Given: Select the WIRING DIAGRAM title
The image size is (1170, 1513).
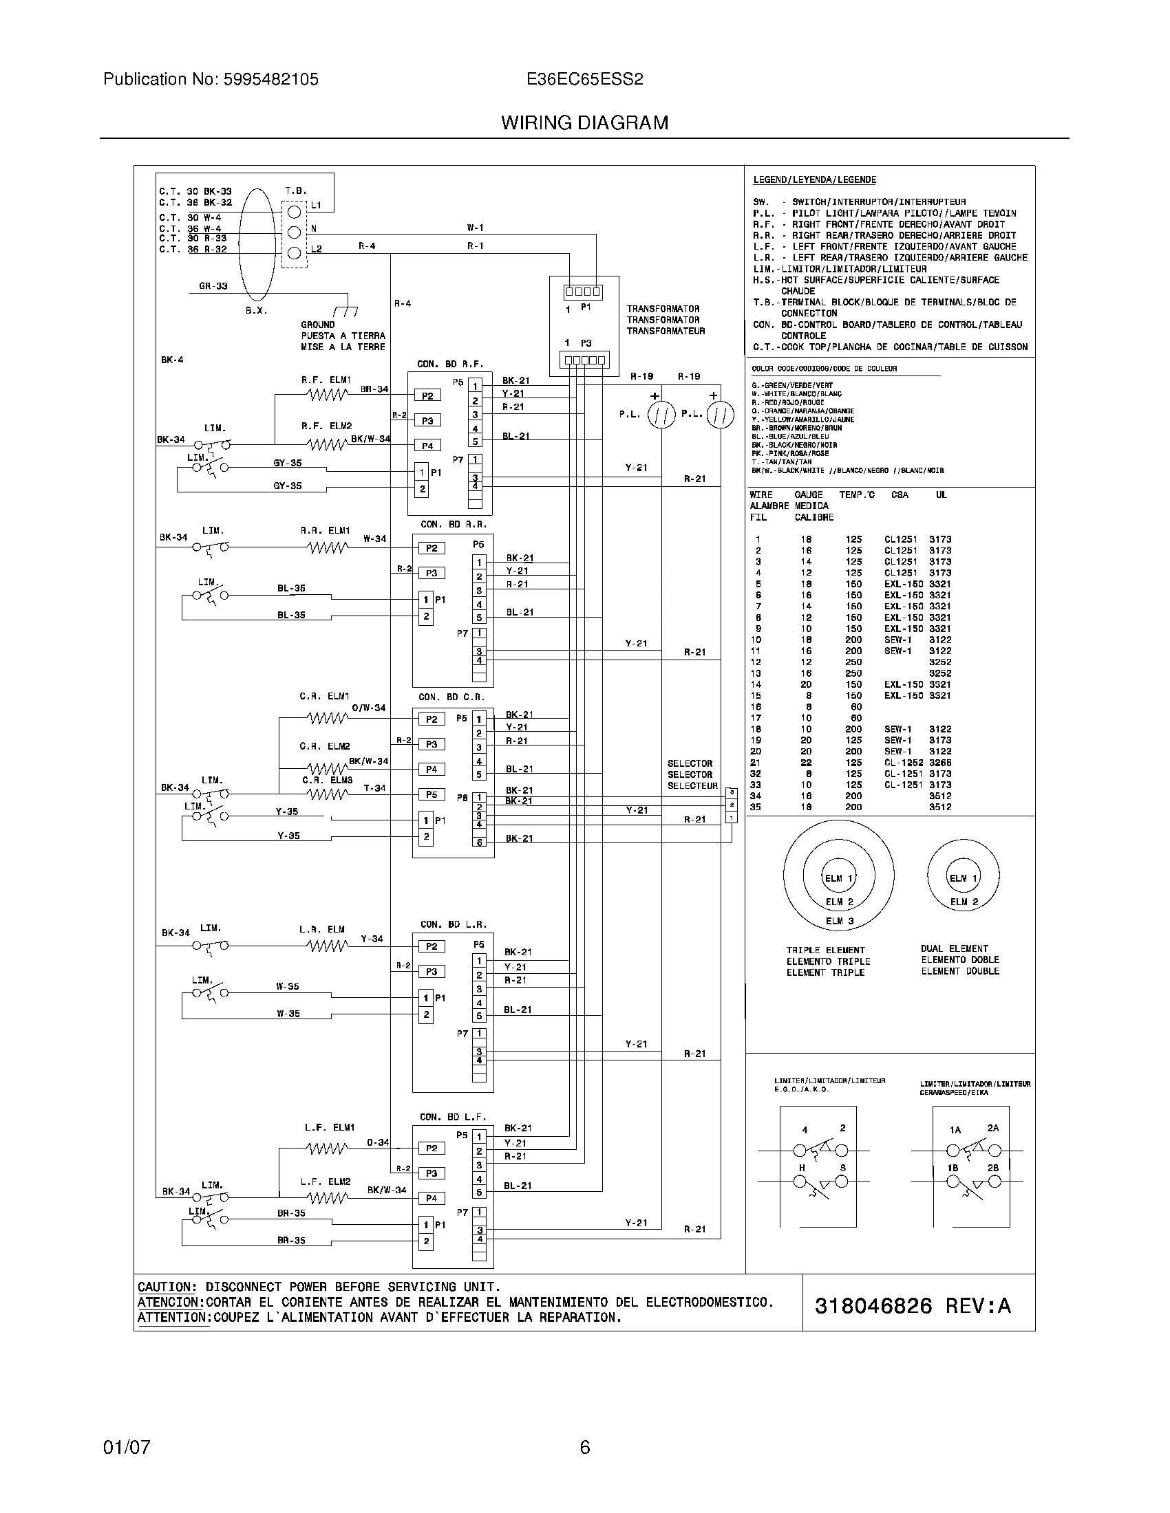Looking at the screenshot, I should [584, 123].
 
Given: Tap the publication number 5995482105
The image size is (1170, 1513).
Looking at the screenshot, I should [270, 80].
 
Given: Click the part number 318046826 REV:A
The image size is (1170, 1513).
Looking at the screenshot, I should [912, 1306].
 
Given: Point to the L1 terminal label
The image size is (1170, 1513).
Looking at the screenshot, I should [316, 205].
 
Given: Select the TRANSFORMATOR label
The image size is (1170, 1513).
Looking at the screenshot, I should [663, 309].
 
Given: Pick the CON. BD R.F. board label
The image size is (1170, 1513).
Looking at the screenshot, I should [450, 364].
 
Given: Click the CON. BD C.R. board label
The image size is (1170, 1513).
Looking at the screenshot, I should [451, 697].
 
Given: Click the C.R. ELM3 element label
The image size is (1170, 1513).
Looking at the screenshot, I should [327, 780].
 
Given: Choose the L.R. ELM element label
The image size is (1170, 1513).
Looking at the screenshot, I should [321, 929].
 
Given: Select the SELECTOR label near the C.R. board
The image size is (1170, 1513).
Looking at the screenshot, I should [690, 763].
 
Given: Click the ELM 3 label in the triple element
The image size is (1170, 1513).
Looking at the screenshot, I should [840, 921].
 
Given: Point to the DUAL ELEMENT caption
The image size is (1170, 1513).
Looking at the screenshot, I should [955, 948].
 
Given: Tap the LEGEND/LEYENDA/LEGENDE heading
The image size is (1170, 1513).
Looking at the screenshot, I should [813, 180].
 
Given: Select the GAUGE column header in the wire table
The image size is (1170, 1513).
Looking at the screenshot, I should [808, 494].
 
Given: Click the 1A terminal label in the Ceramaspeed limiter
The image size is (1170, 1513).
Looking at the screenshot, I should [955, 1130].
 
